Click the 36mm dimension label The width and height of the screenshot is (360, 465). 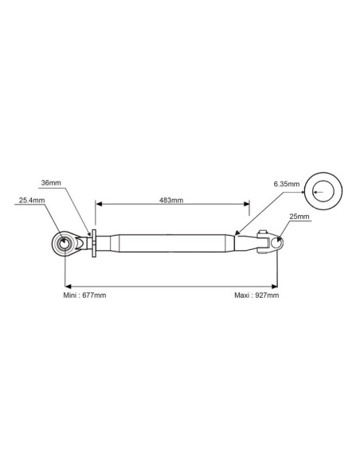pyautogui.click(x=51, y=182)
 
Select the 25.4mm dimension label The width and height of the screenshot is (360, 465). pyautogui.click(x=32, y=200)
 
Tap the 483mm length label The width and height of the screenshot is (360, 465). pyautogui.click(x=171, y=200)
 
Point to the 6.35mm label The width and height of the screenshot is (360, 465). pyautogui.click(x=287, y=184)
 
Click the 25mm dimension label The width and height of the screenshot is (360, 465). pyautogui.click(x=299, y=217)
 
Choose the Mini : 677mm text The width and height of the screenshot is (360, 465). pyautogui.click(x=84, y=295)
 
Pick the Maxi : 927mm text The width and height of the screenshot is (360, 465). pyautogui.click(x=256, y=295)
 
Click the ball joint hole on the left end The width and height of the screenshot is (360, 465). pyautogui.click(x=64, y=244)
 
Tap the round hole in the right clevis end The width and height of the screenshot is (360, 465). pyautogui.click(x=276, y=243)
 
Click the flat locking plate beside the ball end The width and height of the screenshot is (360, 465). pyautogui.click(x=94, y=244)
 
